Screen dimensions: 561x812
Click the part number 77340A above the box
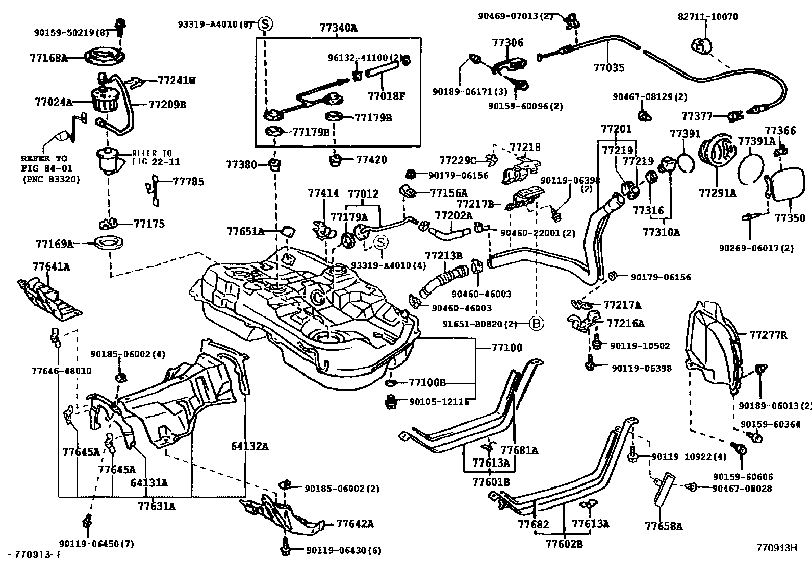click(338, 28)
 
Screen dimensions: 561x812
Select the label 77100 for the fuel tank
click(506, 348)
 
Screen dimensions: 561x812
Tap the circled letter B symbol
click(537, 323)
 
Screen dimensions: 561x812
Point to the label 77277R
click(768, 335)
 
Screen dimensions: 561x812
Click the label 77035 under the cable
click(608, 67)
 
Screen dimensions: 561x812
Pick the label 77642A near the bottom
click(355, 524)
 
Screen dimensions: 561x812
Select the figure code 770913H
click(776, 548)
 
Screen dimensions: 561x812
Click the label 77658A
click(663, 526)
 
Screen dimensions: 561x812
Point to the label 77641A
click(50, 266)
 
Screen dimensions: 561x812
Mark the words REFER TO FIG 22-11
click(151, 157)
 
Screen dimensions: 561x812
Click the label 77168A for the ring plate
click(48, 58)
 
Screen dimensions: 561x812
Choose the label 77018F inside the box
click(386, 95)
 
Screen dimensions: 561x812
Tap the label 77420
click(371, 160)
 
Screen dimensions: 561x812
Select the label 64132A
click(249, 446)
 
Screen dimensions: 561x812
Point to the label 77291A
click(717, 193)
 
